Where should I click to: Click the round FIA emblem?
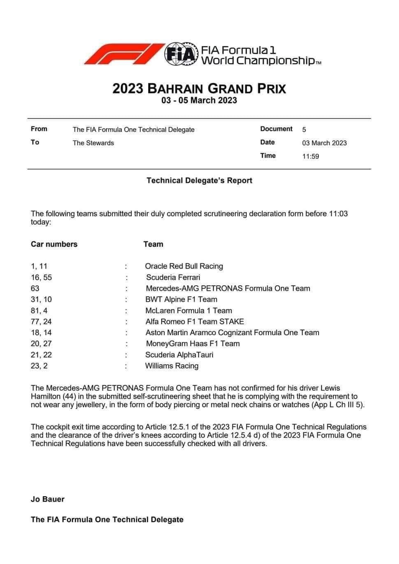(180, 54)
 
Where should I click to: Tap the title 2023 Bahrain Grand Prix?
(199, 88)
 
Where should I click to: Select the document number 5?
(304, 129)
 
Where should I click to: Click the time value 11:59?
(311, 156)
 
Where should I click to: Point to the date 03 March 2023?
(324, 143)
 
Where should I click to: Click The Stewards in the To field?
(93, 143)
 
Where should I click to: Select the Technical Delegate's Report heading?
(199, 180)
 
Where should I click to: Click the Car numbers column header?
(54, 244)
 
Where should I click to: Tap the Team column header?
(153, 244)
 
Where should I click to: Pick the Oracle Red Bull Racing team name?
(184, 266)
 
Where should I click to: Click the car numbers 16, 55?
(41, 277)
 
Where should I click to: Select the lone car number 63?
(35, 288)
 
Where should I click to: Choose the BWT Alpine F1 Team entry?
(181, 299)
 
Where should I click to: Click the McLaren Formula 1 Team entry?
(188, 311)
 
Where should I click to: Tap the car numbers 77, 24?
(41, 322)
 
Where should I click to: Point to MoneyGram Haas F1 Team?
(193, 344)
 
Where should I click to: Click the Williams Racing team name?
(172, 366)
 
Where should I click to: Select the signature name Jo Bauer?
(48, 500)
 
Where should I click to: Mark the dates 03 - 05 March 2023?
(199, 100)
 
